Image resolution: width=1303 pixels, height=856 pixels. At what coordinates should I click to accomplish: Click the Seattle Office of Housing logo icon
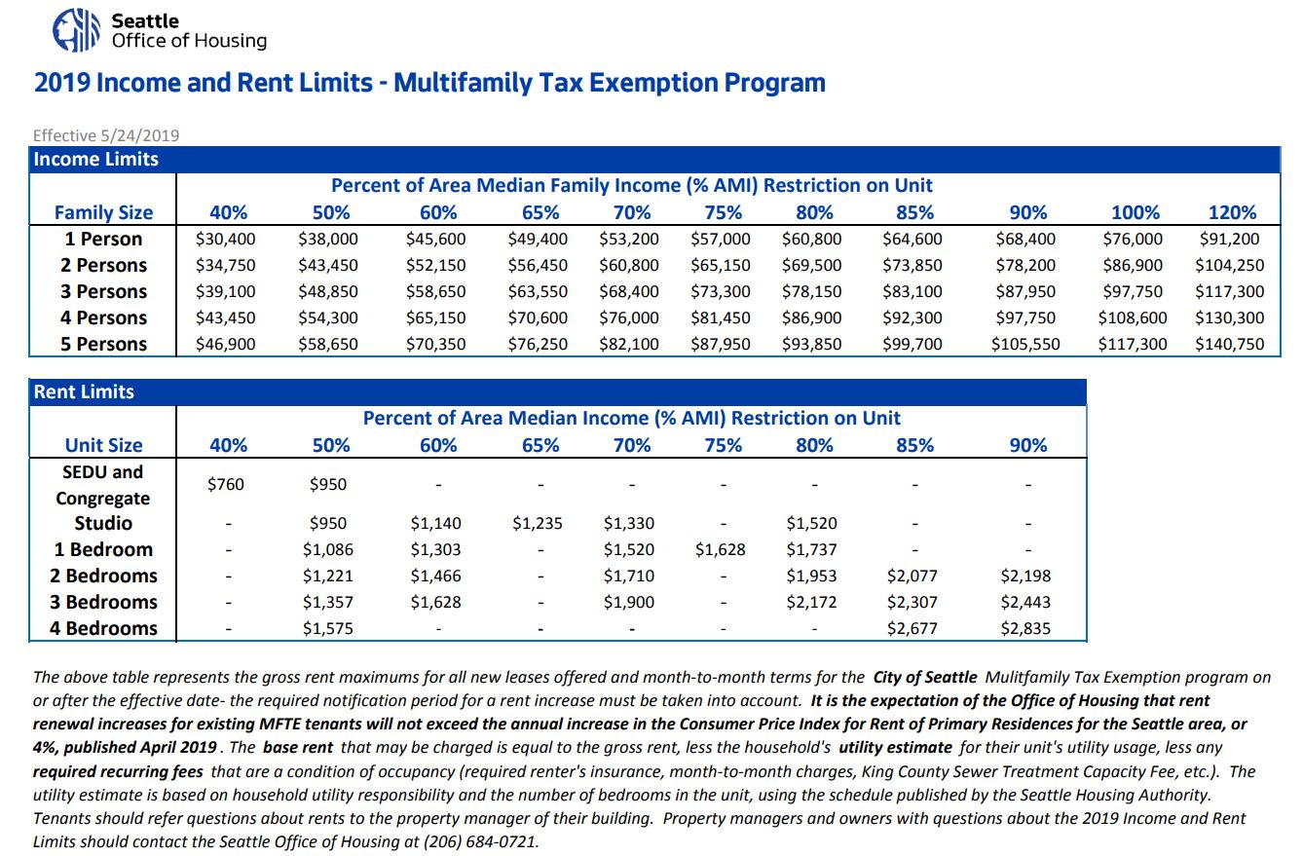pos(76,29)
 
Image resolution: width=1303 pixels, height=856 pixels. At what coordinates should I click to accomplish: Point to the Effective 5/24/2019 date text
pos(106,135)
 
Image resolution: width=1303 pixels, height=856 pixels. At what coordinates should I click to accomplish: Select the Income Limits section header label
pos(96,159)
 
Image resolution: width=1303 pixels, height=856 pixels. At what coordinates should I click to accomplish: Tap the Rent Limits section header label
pos(84,391)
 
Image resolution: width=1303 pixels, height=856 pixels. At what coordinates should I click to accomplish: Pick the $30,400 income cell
pos(226,239)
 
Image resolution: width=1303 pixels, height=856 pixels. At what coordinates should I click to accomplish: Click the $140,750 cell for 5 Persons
pos(1230,345)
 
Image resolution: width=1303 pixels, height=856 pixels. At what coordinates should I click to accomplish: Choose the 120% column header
pos(1233,212)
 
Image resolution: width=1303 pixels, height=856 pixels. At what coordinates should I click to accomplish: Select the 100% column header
pos(1135,212)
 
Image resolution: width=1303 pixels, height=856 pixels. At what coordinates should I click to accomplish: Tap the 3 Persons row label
pos(103,291)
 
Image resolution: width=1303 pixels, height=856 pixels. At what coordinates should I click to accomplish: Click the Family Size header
pos(103,213)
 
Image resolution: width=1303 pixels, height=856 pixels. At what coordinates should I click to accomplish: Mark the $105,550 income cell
pos(1025,345)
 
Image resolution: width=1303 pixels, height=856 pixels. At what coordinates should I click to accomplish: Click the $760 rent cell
pos(226,484)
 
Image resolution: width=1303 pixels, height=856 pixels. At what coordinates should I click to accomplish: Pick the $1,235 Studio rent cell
pos(538,523)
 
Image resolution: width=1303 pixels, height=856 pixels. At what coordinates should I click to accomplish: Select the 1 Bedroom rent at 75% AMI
pos(720,549)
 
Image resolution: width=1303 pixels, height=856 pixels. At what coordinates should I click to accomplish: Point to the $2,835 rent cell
pos(1025,629)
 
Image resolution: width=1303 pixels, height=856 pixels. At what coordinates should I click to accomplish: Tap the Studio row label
pos(103,523)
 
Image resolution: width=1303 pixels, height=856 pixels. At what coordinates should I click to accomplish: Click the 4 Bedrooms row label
pos(103,629)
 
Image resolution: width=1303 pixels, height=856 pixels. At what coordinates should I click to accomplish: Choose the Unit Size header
pos(103,445)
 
